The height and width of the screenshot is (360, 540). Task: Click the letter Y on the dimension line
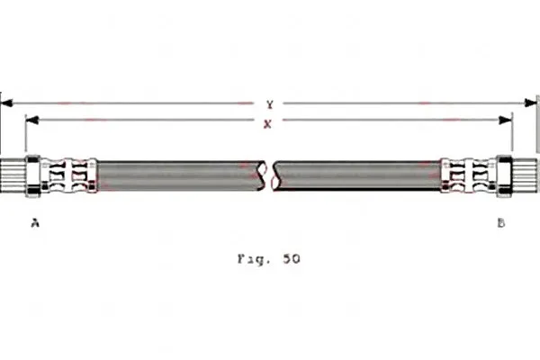click(270, 104)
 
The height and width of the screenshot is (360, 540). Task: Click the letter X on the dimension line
click(267, 123)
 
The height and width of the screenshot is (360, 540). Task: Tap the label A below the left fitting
click(35, 223)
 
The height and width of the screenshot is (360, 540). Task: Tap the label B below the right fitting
click(501, 223)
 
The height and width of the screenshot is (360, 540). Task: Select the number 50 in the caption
click(292, 258)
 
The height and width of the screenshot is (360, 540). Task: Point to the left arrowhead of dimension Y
click(7, 103)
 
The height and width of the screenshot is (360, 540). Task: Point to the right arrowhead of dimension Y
click(530, 103)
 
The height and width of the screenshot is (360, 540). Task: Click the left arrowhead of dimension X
click(32, 120)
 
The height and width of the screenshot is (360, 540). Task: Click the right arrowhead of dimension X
click(506, 120)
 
